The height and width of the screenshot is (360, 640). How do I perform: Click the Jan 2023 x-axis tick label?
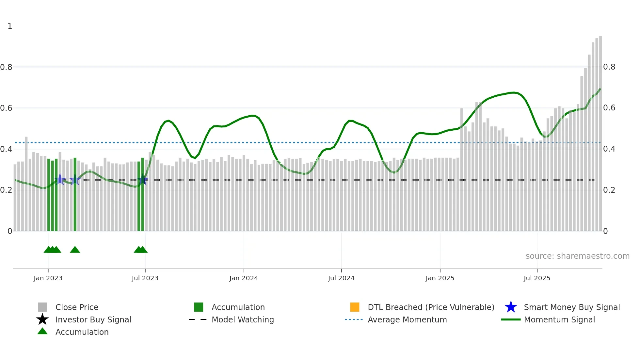point(48,278)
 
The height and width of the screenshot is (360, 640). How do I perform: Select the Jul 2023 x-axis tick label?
point(145,278)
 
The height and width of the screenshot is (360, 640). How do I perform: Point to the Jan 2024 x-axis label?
point(244,278)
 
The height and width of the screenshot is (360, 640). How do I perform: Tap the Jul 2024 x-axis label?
point(341,278)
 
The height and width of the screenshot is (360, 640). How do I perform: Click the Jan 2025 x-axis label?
point(440,278)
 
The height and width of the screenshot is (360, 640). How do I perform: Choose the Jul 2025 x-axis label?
point(537,278)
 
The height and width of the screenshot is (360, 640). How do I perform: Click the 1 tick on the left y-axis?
point(10,26)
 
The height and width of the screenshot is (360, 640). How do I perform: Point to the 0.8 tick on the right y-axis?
point(609,67)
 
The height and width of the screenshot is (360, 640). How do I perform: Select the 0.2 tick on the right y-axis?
point(609,190)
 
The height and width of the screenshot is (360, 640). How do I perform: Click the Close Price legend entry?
point(77,307)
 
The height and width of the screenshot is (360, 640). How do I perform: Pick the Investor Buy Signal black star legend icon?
point(42,320)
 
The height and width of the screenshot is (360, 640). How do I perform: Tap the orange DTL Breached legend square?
point(355,307)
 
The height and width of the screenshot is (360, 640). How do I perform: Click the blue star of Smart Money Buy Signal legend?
point(511,307)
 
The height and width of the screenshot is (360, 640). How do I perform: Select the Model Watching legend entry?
point(243,320)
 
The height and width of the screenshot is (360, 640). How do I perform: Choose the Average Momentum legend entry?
point(407,320)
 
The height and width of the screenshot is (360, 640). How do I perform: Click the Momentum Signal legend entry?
point(559,320)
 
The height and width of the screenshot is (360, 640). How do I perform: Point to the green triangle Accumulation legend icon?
point(42,332)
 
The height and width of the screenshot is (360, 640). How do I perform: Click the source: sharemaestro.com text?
point(578,256)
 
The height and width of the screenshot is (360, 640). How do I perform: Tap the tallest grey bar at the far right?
point(600,131)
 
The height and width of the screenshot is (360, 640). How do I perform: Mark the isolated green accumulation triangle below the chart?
point(75,250)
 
